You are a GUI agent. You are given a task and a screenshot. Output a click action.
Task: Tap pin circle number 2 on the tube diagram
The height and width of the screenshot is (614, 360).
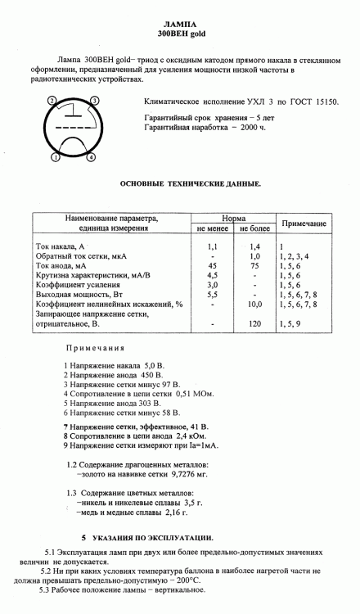52,100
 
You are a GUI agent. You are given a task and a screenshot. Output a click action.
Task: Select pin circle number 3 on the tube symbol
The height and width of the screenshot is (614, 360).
95,100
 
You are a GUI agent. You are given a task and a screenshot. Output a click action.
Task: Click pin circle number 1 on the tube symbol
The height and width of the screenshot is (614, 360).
55,157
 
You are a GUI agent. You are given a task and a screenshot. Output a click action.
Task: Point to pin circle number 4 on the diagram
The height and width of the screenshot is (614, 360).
91,157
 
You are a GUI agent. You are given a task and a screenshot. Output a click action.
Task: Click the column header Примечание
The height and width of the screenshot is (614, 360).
304,223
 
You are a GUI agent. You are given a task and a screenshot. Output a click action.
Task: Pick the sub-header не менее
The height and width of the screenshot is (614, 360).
212,230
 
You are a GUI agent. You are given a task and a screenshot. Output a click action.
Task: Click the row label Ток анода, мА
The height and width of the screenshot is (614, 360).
62,267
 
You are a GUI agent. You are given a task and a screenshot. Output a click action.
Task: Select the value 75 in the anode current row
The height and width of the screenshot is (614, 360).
254,267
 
